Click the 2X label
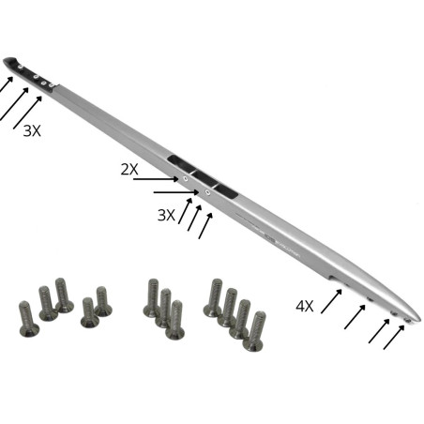point(129,169)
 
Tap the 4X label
point(304,307)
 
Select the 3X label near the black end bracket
point(32,131)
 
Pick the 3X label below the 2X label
point(166,215)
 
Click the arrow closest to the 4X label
point(331,300)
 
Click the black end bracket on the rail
point(25,71)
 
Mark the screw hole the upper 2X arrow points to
point(186,177)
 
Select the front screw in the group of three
point(174,320)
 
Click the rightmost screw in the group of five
point(102,301)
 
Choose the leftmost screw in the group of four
point(214,298)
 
